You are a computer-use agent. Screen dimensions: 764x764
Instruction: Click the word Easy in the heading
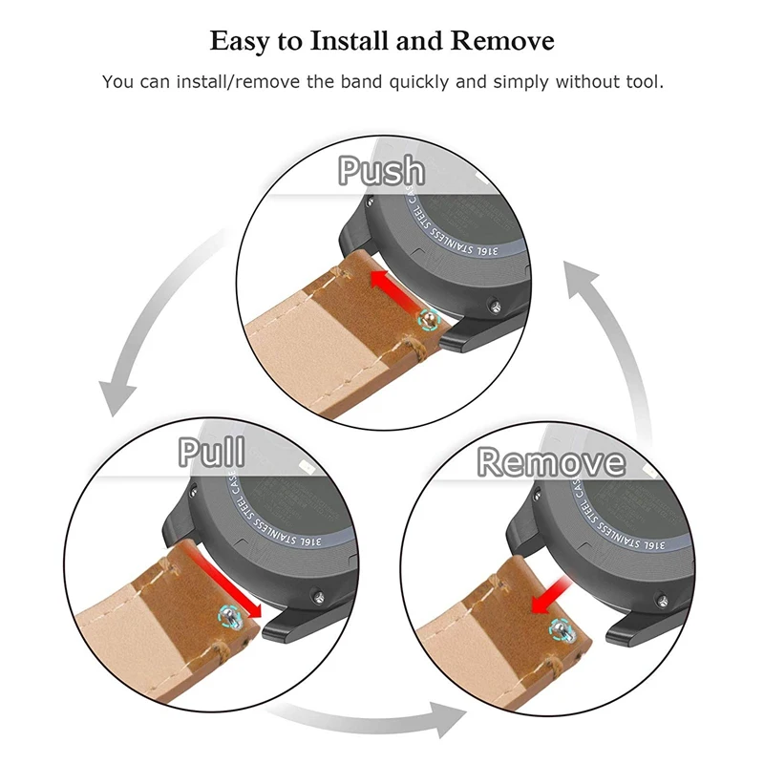click(240, 43)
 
